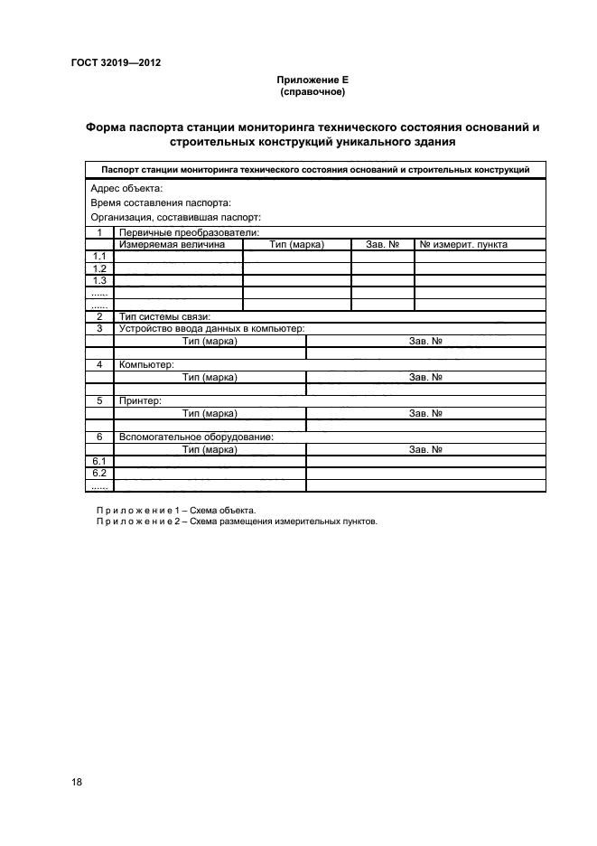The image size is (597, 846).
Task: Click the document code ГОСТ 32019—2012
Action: [x=115, y=63]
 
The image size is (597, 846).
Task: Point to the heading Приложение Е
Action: [x=312, y=80]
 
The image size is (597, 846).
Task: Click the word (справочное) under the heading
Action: [x=312, y=91]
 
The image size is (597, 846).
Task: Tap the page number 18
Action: [x=77, y=783]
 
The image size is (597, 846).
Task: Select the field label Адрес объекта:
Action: [x=126, y=188]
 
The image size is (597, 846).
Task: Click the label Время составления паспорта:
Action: [x=161, y=202]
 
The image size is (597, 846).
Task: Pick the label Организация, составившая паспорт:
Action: [x=175, y=217]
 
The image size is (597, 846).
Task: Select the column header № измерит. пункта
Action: [x=464, y=244]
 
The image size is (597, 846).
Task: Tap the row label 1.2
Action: [x=99, y=268]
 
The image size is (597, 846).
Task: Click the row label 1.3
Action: [x=99, y=280]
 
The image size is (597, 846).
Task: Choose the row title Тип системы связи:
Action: [x=164, y=316]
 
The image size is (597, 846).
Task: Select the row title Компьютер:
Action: [x=145, y=364]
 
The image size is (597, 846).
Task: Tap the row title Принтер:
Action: [x=140, y=400]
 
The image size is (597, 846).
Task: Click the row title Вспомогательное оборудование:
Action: [x=196, y=437]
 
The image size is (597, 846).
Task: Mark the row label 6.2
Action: [x=99, y=474]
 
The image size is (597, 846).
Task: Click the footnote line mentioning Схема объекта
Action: [x=170, y=511]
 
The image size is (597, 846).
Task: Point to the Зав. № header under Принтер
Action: [x=424, y=413]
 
